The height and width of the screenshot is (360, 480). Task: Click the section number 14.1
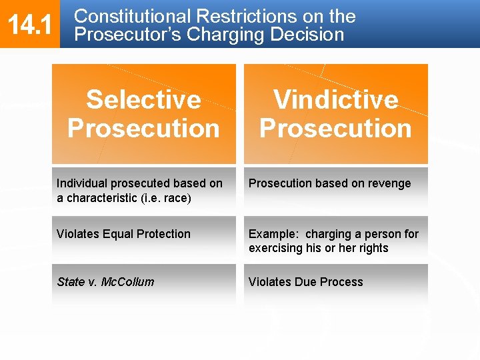pos(30,25)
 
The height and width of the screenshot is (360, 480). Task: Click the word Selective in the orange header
pos(143,99)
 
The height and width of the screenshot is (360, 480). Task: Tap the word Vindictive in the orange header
pos(335,99)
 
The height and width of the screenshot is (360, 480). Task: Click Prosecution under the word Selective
pos(143,128)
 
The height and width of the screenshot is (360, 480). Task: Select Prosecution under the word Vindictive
pos(335,128)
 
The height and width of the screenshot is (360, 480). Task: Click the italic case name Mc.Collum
pos(127,282)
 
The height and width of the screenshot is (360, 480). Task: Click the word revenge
pos(388,183)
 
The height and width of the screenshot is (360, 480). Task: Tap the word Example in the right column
pos(274,234)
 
